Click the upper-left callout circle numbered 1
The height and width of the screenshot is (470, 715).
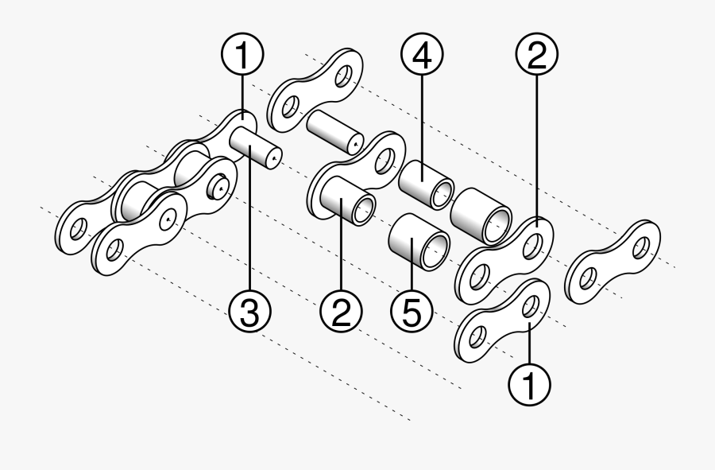pyautogui.click(x=242, y=56)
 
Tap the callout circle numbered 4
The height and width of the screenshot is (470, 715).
pyautogui.click(x=422, y=56)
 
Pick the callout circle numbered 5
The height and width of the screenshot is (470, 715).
pyautogui.click(x=412, y=313)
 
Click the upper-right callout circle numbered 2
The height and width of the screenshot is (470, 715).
pyautogui.click(x=536, y=55)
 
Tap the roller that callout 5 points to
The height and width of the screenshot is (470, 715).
pyautogui.click(x=417, y=241)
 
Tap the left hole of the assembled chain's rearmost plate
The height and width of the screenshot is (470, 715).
pyautogui.click(x=76, y=230)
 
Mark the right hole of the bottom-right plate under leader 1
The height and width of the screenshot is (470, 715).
pyautogui.click(x=531, y=304)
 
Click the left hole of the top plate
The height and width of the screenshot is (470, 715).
pyautogui.click(x=289, y=107)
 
